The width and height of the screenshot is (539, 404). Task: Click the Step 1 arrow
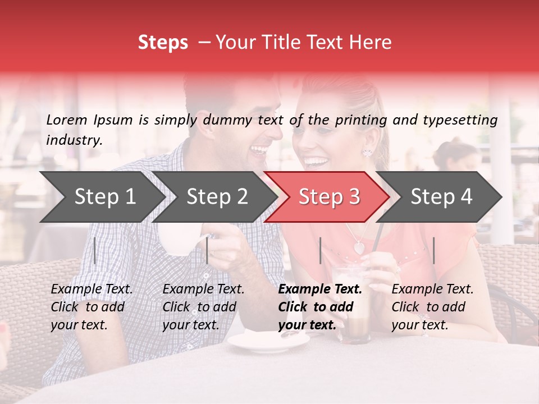(x=101, y=196)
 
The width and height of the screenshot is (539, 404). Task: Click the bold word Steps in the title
(x=163, y=43)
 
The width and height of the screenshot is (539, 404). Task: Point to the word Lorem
(x=67, y=120)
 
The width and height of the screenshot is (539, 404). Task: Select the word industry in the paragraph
(x=74, y=140)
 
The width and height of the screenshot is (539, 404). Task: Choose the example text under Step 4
(x=432, y=307)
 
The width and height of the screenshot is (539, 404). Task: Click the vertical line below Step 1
(x=94, y=250)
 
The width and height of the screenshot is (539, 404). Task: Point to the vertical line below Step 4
(x=433, y=250)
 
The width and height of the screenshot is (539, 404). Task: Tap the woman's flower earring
(x=368, y=151)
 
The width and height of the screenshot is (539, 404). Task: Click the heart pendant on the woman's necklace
(x=358, y=246)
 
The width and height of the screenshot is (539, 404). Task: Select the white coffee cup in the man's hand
(x=179, y=238)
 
